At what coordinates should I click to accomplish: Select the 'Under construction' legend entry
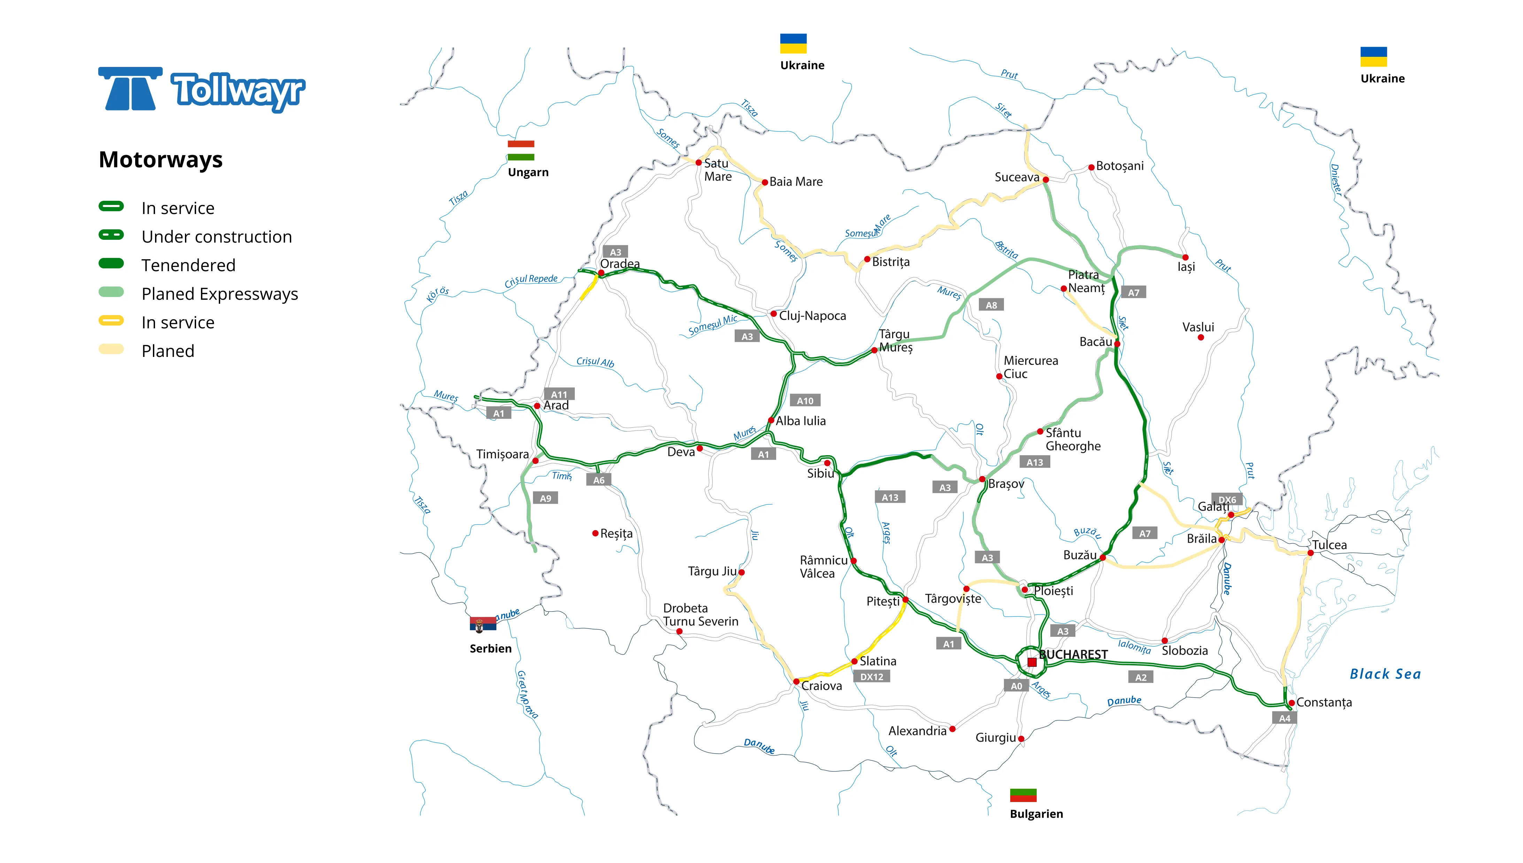click(216, 237)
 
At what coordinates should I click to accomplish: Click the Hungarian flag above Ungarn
click(521, 150)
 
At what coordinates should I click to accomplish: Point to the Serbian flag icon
click(483, 625)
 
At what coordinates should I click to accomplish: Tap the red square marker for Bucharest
click(1032, 662)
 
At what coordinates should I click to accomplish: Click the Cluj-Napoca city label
click(812, 316)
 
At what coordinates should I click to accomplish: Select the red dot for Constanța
click(1291, 703)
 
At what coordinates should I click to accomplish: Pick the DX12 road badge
click(871, 677)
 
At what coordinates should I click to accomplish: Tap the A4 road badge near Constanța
click(1284, 718)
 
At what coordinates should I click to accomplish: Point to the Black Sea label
click(1385, 674)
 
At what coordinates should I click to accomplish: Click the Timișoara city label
click(502, 455)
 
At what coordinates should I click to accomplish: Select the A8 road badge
click(991, 305)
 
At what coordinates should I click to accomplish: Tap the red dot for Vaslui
click(1201, 338)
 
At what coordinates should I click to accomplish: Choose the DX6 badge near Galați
click(1227, 500)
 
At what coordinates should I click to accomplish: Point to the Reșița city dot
click(595, 533)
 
